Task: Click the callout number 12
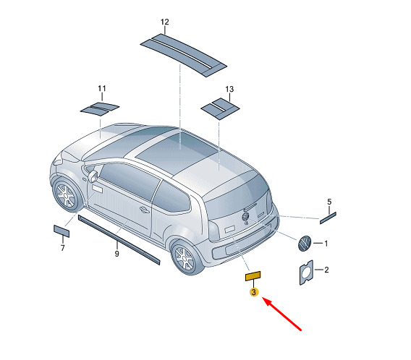[x=164, y=22]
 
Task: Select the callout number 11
[x=102, y=88]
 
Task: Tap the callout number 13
[x=229, y=90]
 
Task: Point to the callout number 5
[x=329, y=202]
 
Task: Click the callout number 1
[x=326, y=244]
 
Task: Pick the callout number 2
[x=326, y=270]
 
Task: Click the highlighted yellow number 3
[x=254, y=292]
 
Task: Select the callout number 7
[x=62, y=248]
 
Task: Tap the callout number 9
[x=117, y=254]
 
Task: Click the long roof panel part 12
[x=184, y=55]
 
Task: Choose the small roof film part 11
[x=100, y=108]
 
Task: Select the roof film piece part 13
[x=220, y=108]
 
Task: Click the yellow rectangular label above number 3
[x=253, y=276]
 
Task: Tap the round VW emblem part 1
[x=305, y=244]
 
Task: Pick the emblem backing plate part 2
[x=306, y=273]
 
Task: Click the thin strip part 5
[x=328, y=218]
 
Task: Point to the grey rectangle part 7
[x=62, y=231]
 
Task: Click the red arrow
[x=281, y=314]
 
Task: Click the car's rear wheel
[x=187, y=257]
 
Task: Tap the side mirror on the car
[x=93, y=176]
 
